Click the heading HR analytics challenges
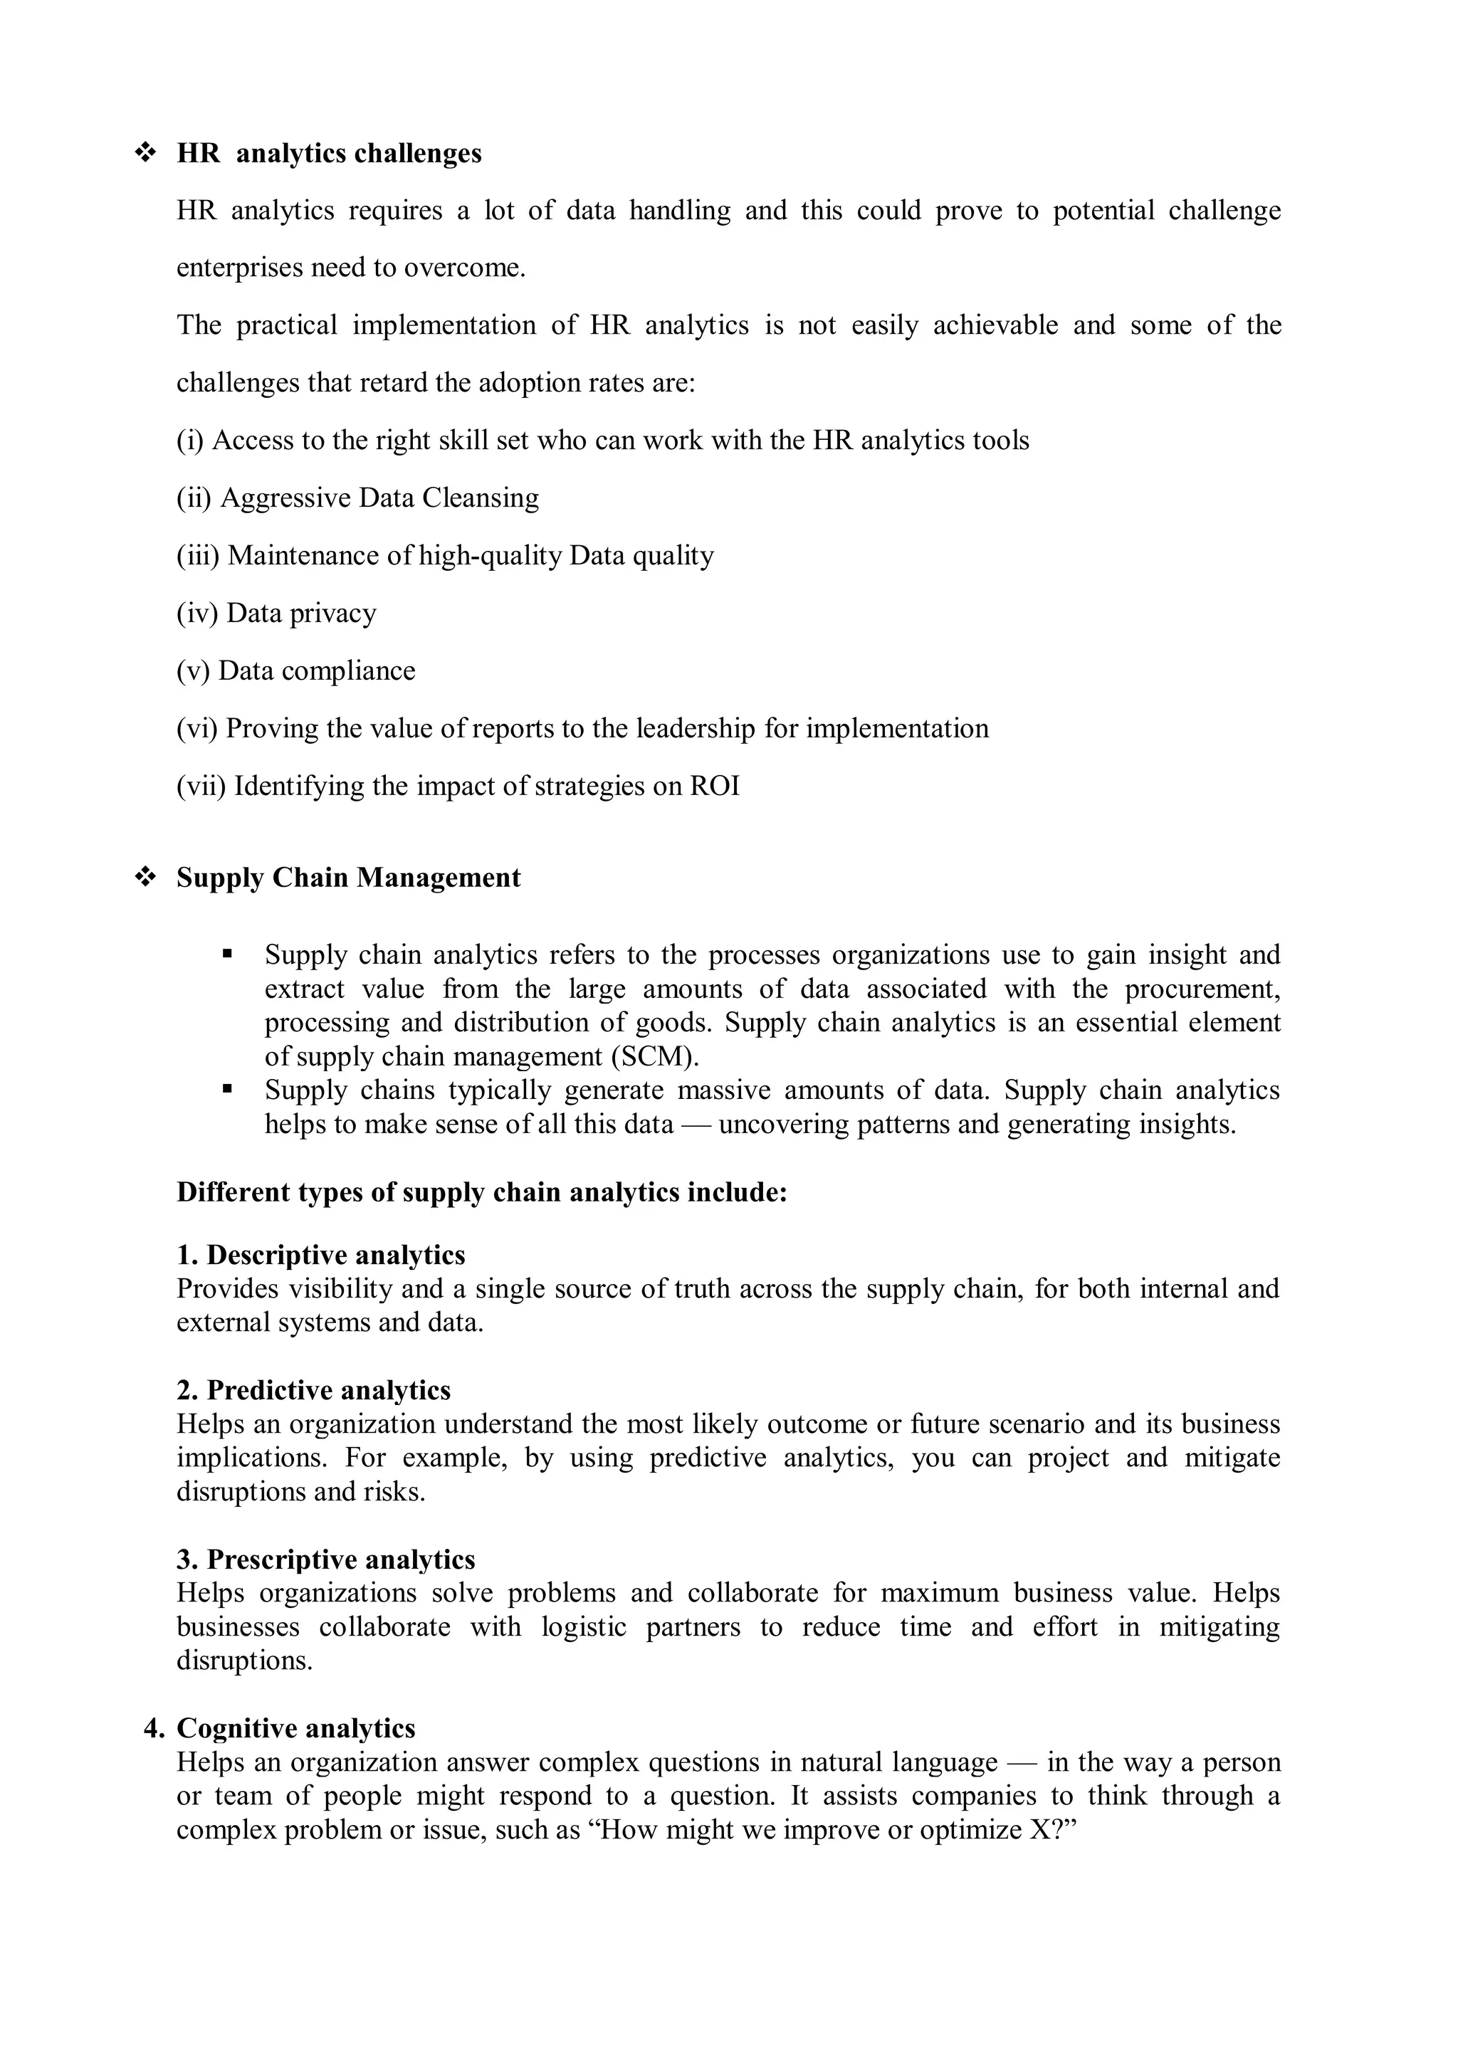[x=329, y=154]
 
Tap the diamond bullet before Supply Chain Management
[x=144, y=878]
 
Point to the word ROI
[x=714, y=787]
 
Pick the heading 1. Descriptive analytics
[x=320, y=1255]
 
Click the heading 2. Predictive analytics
[x=313, y=1390]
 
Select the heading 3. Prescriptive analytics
[x=325, y=1560]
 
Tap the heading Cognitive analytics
[x=295, y=1729]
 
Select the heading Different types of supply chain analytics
[x=481, y=1193]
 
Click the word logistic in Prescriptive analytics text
[x=583, y=1627]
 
